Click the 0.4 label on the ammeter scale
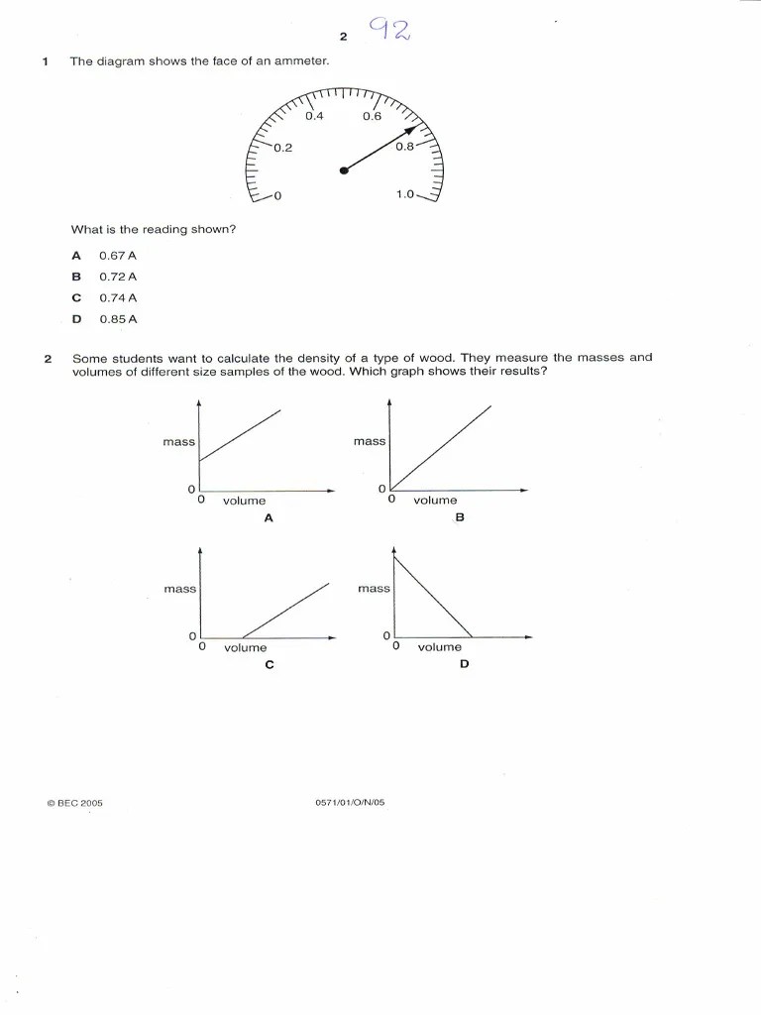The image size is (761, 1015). tap(314, 117)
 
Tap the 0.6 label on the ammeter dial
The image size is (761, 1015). tap(372, 117)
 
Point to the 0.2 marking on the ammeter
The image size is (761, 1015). tap(283, 148)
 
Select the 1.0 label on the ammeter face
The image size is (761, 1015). tap(404, 194)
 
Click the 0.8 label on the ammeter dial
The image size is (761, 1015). tap(404, 148)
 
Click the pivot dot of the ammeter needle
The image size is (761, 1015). tap(344, 170)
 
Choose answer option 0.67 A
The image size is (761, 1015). tap(117, 256)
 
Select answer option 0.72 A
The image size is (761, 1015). tap(117, 277)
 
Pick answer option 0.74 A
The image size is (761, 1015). tap(117, 297)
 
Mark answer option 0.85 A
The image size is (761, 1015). tap(117, 319)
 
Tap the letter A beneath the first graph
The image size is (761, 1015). tap(268, 517)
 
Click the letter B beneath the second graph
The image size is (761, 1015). tap(460, 517)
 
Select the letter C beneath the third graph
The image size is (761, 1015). tap(269, 664)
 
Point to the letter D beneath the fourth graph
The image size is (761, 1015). tap(464, 664)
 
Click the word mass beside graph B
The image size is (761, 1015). tap(369, 441)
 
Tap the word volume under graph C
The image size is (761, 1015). tap(245, 647)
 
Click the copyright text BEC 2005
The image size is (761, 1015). tap(74, 803)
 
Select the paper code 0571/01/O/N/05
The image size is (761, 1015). tap(349, 803)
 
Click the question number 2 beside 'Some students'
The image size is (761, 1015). tap(47, 358)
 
